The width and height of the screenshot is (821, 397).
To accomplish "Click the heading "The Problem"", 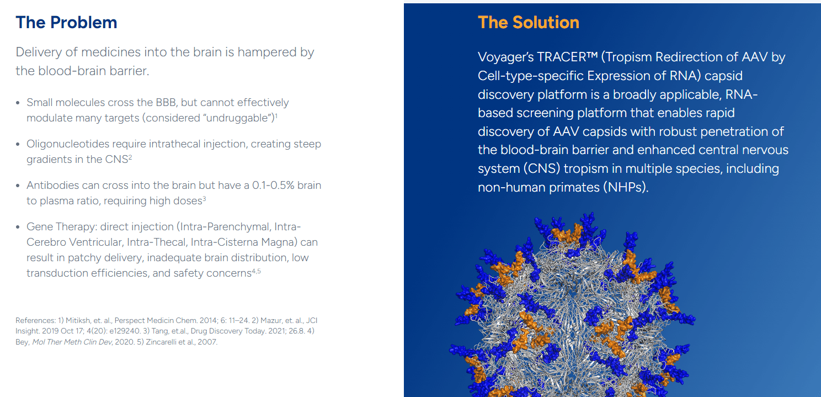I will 66,23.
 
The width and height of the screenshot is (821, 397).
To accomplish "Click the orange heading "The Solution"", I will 528,23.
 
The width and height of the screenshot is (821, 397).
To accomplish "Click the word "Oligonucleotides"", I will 68,144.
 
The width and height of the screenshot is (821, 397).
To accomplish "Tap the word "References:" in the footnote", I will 35,320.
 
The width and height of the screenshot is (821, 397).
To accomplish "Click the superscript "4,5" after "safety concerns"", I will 256,271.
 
